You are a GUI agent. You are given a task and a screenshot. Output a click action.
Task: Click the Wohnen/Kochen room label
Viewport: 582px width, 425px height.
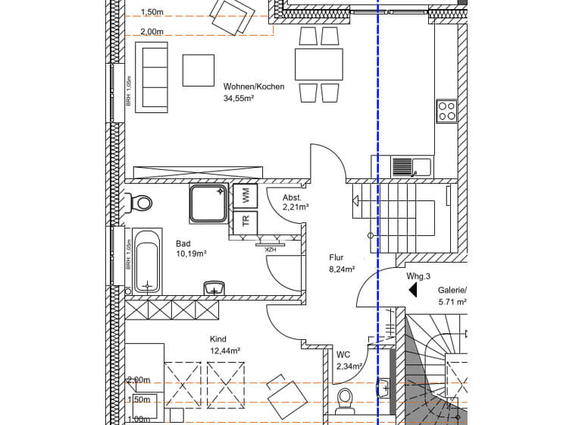click(x=254, y=87)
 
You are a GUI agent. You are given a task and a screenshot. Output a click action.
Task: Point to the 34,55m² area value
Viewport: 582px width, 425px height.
click(x=239, y=99)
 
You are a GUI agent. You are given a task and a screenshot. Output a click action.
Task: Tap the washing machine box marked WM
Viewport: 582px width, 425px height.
click(x=246, y=196)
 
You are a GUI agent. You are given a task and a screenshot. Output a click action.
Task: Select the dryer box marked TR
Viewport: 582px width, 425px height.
click(x=246, y=222)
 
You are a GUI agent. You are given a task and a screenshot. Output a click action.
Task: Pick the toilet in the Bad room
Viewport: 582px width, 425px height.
click(x=139, y=203)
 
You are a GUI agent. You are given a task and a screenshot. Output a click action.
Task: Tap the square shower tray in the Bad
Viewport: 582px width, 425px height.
click(x=208, y=203)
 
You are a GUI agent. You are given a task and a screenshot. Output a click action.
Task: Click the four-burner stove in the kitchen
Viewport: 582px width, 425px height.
click(x=446, y=112)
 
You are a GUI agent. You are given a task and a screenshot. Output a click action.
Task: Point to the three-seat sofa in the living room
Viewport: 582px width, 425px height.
click(x=152, y=77)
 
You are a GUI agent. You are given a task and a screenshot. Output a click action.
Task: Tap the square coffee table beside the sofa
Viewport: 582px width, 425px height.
click(x=199, y=70)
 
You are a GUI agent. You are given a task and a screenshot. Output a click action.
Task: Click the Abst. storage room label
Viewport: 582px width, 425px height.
click(x=292, y=197)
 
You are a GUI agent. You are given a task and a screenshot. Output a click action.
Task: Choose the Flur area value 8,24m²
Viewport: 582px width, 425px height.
click(x=342, y=269)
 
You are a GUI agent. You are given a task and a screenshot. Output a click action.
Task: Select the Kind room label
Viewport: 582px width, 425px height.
click(x=218, y=339)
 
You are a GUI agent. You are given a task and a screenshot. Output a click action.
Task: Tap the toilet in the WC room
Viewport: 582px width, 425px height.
click(x=345, y=400)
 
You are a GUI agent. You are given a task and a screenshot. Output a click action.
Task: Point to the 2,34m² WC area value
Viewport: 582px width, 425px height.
click(x=349, y=367)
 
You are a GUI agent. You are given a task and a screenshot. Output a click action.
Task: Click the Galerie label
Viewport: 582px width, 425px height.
click(x=452, y=290)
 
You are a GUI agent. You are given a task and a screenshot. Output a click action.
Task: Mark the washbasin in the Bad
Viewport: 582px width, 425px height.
click(x=215, y=289)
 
